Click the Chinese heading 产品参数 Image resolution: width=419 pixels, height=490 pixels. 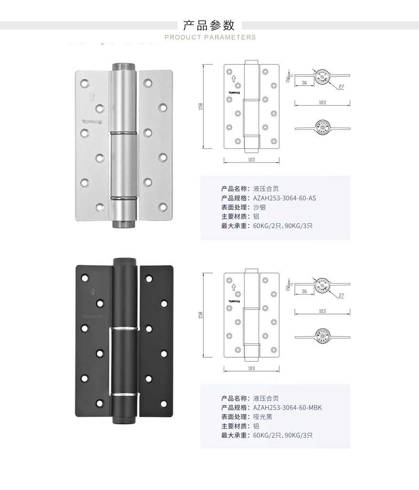pyautogui.click(x=209, y=25)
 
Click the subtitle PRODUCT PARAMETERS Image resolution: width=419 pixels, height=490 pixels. pyautogui.click(x=210, y=37)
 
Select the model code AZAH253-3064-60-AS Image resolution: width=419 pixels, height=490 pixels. pyautogui.click(x=284, y=198)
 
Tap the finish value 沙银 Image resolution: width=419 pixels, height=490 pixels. pyautogui.click(x=259, y=207)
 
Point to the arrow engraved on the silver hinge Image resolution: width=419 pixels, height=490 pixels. pyautogui.click(x=90, y=98)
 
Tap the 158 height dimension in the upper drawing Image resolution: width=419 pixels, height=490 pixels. pyautogui.click(x=201, y=106)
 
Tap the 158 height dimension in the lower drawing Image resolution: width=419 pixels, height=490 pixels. pyautogui.click(x=201, y=315)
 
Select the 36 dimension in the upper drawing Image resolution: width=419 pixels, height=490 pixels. pyautogui.click(x=304, y=83)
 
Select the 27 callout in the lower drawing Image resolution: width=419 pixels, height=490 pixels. pyautogui.click(x=341, y=295)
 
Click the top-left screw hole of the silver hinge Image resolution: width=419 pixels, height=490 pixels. pyautogui.click(x=85, y=84)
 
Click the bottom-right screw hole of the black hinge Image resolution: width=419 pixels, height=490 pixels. pyautogui.click(x=163, y=404)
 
